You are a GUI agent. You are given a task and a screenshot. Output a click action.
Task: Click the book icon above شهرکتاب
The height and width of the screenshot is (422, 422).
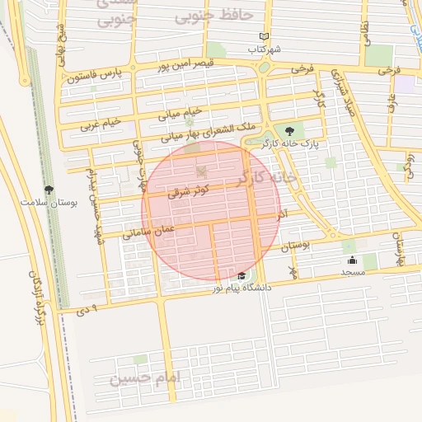[x=264, y=37]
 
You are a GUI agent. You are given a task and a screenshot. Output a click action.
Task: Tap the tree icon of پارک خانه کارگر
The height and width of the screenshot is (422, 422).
[x=288, y=130]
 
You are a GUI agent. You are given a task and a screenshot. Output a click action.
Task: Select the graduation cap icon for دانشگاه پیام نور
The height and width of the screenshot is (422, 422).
[x=241, y=276]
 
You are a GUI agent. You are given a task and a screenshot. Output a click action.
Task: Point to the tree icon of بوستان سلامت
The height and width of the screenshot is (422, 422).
[x=49, y=190]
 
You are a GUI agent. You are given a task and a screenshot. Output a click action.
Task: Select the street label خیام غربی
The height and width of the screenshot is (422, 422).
[x=101, y=124]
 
